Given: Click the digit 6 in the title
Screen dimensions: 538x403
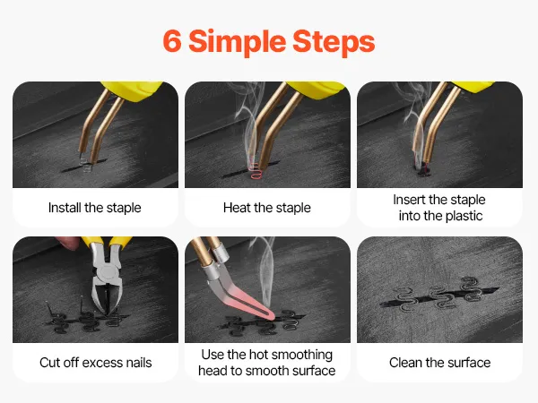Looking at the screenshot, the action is pos(172,41).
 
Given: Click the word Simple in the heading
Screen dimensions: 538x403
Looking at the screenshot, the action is pos(237,43).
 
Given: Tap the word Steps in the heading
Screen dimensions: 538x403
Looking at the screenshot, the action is pos(334,43).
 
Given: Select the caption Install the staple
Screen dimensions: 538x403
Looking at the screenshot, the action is pos(95,208).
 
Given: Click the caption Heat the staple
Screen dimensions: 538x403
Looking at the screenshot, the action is pos(267,208).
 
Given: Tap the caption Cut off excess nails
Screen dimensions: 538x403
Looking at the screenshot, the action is pos(96,363).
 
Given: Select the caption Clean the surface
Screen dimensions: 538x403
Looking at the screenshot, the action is pos(440,363).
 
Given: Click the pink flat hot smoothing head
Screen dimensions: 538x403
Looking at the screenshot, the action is pos(244,299).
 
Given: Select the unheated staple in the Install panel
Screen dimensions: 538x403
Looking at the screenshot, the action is pos(86,165).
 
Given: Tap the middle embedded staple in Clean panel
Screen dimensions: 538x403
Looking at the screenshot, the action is pos(441,297).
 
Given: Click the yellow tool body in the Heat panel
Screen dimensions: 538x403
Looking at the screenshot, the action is pos(316,89).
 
